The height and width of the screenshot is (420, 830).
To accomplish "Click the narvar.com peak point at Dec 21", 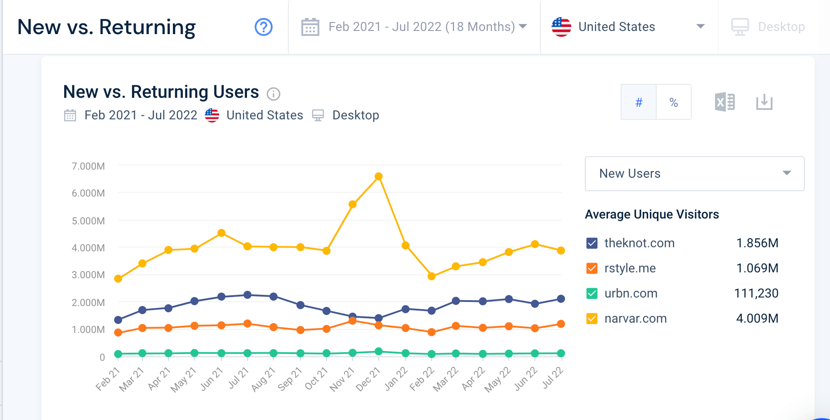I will (379, 176).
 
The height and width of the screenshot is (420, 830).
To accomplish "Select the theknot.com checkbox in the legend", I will (592, 243).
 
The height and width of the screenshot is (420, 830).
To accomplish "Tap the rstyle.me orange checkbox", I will (592, 268).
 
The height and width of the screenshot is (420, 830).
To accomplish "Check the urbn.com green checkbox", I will (592, 293).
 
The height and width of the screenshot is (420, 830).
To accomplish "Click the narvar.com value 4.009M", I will (757, 319).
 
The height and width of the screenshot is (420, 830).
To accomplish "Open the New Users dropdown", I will (694, 174).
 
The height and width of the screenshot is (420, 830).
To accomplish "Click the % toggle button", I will (673, 102).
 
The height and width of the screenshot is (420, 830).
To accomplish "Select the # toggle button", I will (639, 102).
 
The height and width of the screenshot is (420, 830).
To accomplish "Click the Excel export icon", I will (724, 102).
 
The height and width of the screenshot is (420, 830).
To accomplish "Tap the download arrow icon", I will (764, 102).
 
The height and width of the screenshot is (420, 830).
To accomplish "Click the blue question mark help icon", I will (264, 27).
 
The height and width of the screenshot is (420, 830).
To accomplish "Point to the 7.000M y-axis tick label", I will (88, 166).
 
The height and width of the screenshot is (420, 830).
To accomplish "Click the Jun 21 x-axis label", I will (212, 378).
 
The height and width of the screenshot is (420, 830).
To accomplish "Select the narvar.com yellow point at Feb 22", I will (432, 276).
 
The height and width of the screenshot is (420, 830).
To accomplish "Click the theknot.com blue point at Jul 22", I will (561, 299).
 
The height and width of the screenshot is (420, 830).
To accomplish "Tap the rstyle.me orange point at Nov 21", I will (353, 321).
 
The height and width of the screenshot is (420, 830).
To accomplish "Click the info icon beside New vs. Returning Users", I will (274, 94).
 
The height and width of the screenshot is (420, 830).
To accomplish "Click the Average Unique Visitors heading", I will (652, 214).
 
